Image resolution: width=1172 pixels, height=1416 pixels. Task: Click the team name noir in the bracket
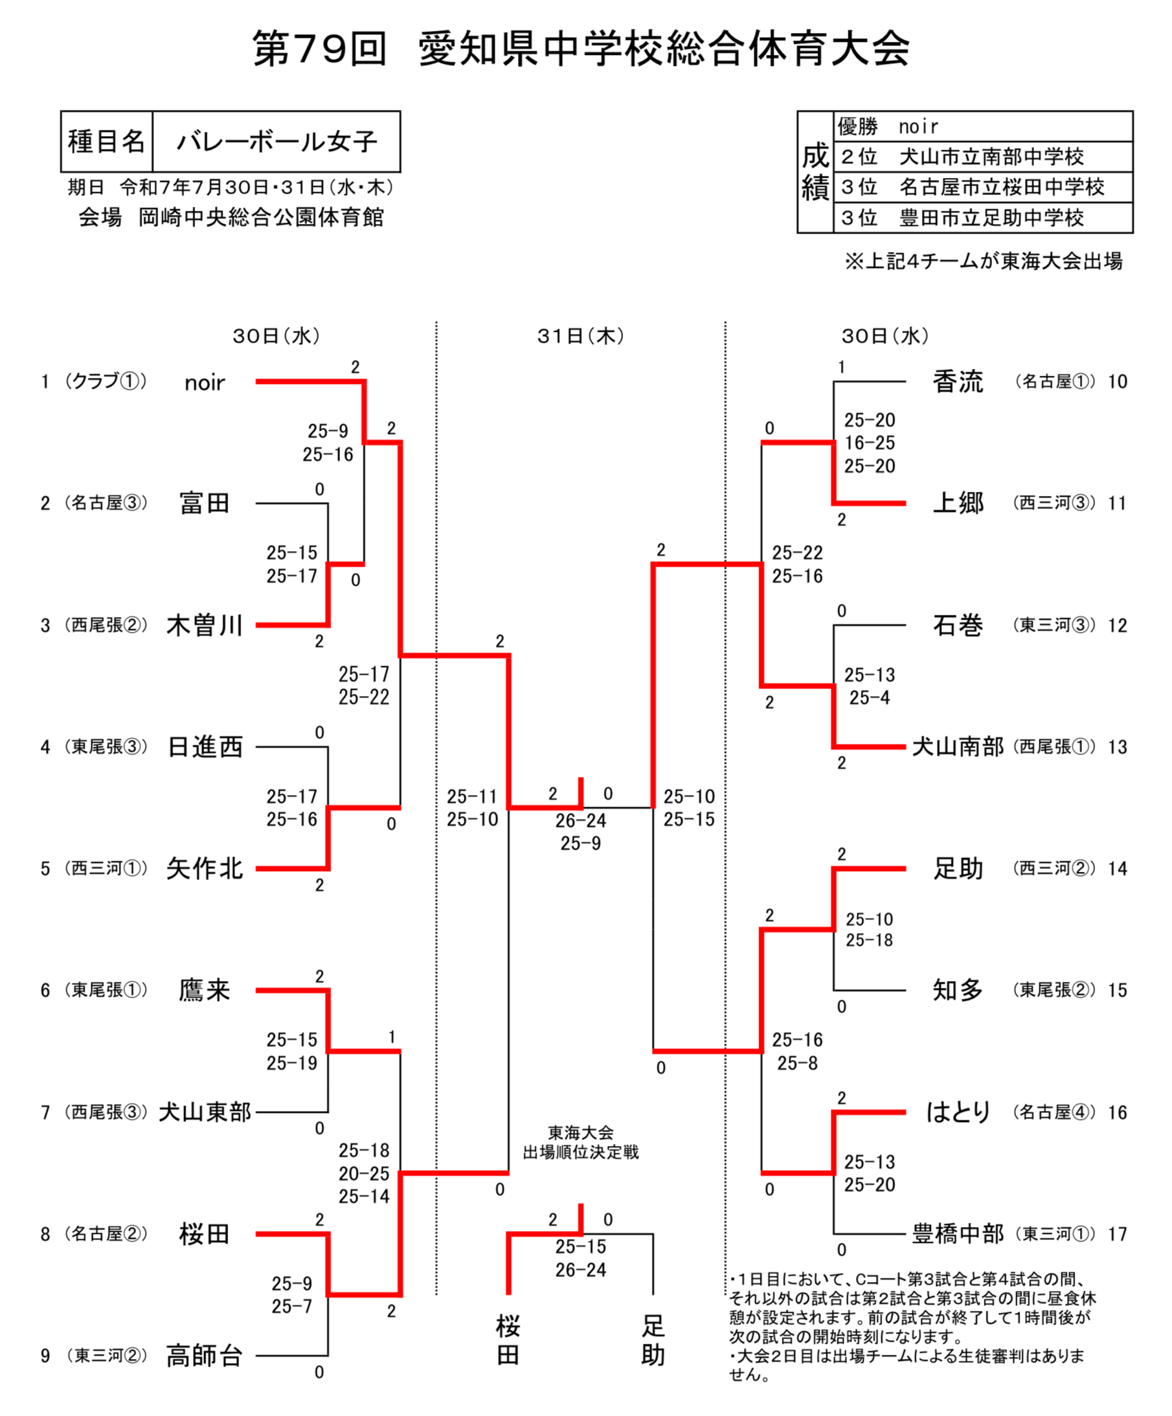(204, 383)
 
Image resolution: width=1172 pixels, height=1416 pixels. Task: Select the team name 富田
(204, 504)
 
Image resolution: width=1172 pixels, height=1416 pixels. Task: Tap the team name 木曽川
(204, 625)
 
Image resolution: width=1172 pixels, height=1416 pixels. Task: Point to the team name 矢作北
(204, 868)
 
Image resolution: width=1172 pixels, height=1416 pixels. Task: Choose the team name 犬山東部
(205, 1112)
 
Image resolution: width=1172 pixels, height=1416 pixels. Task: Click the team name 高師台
(204, 1356)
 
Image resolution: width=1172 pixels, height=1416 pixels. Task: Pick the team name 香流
(958, 381)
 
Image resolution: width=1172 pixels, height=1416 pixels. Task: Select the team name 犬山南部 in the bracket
(958, 747)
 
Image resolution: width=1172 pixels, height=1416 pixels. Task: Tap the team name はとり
(958, 1112)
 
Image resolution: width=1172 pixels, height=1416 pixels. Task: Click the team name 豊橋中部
(958, 1234)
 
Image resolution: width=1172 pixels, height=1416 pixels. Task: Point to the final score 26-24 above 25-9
(581, 820)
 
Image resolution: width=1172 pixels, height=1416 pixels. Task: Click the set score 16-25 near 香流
(869, 443)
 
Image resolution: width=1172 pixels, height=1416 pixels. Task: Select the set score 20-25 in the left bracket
(363, 1173)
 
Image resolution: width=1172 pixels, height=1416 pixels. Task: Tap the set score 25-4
(869, 698)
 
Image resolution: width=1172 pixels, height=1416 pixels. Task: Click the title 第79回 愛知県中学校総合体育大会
(581, 49)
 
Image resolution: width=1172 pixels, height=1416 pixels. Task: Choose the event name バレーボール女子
(276, 142)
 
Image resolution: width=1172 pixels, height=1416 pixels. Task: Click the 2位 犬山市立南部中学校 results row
(982, 157)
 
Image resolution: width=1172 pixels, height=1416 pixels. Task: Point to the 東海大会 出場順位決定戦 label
(581, 1143)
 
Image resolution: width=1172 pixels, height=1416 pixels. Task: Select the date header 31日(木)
(581, 336)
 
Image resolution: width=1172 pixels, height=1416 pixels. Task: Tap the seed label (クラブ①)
(106, 381)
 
